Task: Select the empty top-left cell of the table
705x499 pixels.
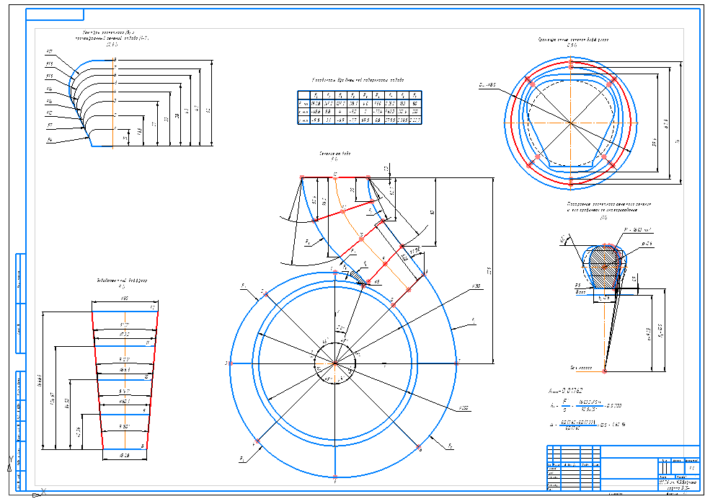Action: (303, 95)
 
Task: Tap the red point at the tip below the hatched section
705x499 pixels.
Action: (604, 371)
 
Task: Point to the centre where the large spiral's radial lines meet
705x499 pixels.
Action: (335, 364)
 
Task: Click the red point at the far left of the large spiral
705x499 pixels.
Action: (229, 363)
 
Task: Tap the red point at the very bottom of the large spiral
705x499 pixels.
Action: (335, 477)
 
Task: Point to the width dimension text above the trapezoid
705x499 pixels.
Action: (124, 298)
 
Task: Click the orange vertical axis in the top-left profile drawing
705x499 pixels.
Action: (114, 101)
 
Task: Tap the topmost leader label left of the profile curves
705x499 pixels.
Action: (49, 52)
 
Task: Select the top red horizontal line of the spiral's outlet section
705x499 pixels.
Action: (334, 176)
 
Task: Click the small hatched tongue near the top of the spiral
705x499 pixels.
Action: (355, 275)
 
